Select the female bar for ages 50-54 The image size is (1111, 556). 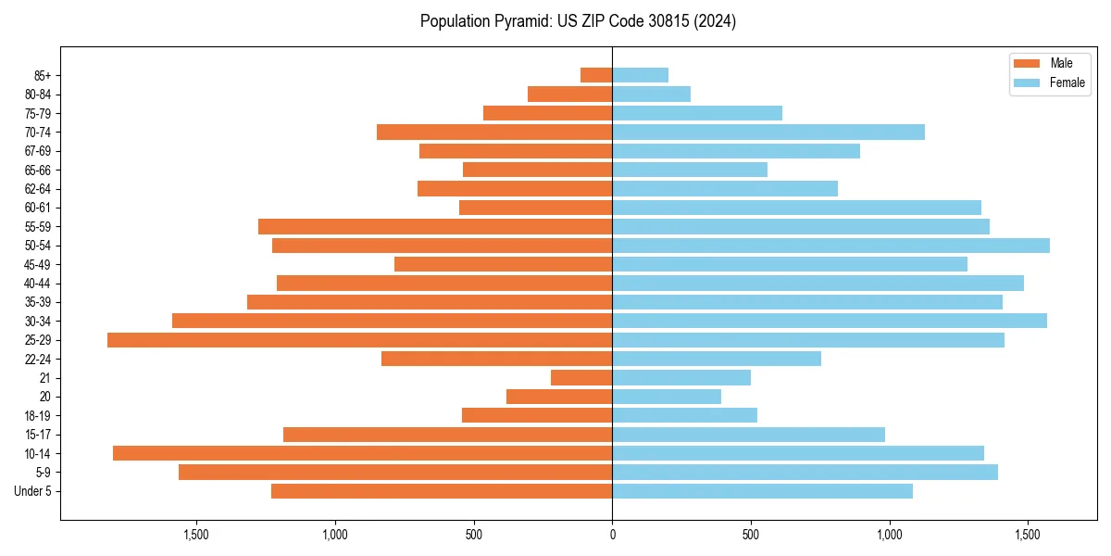click(830, 246)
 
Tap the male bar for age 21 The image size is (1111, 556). click(581, 378)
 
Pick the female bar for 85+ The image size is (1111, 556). click(640, 75)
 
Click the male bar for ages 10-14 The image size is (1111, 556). click(362, 453)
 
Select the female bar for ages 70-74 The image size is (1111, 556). click(768, 132)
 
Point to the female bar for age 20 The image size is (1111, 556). click(667, 397)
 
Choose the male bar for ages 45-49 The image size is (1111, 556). click(503, 264)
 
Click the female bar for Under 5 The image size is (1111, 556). click(762, 491)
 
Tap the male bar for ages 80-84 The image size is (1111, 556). click(569, 94)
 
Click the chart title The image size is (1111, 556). click(578, 21)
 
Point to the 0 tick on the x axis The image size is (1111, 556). click(612, 535)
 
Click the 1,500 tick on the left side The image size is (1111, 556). click(196, 535)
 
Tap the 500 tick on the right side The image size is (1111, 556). click(751, 535)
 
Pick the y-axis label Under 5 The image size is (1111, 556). click(33, 491)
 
